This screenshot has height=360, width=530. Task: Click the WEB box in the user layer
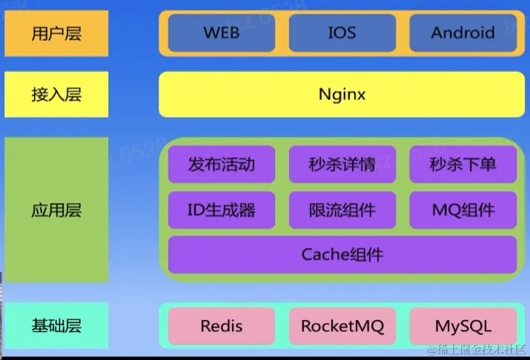tap(221, 33)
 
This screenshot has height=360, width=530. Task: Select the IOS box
tap(342, 33)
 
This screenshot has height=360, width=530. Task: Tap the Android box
tap(463, 33)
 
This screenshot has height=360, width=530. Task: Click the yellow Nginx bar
tap(342, 94)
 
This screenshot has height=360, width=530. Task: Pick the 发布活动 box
tap(221, 164)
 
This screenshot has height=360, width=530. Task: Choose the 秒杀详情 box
tap(342, 164)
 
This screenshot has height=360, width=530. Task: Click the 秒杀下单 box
tap(463, 164)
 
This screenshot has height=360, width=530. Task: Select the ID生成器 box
tap(221, 210)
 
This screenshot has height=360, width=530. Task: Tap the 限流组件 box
tap(342, 210)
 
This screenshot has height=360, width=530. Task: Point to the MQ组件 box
tap(463, 210)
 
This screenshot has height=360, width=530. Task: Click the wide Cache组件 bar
tap(342, 255)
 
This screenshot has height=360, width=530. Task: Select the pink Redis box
tap(221, 326)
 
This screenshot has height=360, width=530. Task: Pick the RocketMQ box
tap(342, 326)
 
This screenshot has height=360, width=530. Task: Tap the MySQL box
tap(463, 326)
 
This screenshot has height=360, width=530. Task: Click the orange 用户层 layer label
tap(56, 33)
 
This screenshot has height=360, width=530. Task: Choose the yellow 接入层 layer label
tap(56, 94)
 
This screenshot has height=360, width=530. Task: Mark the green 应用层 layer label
tap(56, 210)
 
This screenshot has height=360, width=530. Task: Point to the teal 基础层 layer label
tap(56, 325)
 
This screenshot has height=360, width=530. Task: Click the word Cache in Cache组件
tap(325, 255)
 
